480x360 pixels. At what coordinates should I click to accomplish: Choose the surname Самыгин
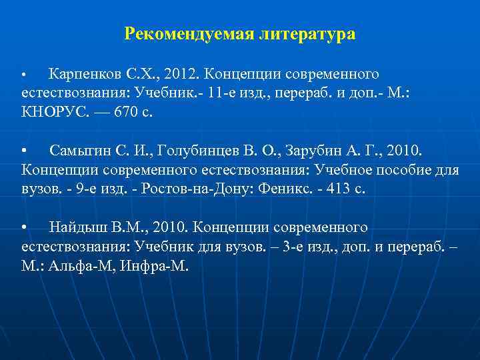point(81,149)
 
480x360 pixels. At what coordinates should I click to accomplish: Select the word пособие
point(389,169)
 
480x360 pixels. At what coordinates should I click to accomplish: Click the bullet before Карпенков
point(24,72)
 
